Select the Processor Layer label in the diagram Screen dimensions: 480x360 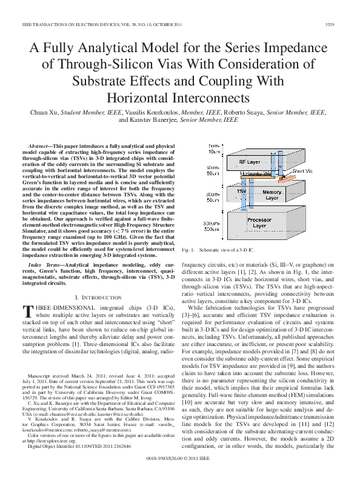pyautogui.click(x=259, y=222)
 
